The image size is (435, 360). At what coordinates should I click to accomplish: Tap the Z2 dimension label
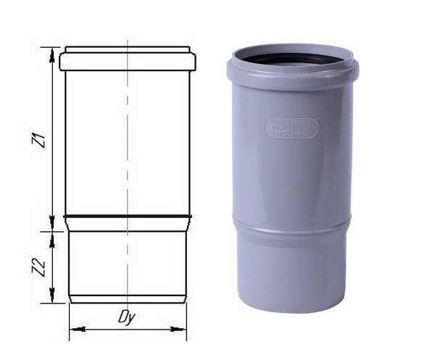41,268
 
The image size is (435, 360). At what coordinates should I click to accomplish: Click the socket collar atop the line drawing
127,59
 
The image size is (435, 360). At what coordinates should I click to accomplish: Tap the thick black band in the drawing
127,216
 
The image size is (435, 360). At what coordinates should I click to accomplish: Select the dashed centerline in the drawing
128,145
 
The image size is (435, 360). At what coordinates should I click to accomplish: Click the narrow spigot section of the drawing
127,261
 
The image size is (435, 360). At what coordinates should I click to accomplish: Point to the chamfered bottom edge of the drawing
127,298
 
